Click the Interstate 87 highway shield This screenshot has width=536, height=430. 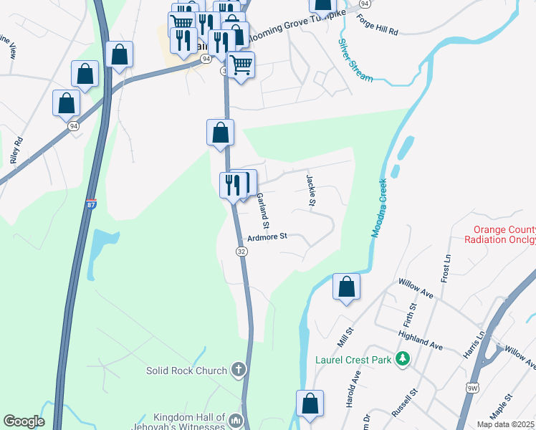point(91,205)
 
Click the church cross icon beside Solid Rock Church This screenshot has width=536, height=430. point(239,371)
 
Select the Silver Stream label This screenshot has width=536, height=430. point(355,59)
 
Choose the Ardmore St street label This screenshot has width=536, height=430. point(267,236)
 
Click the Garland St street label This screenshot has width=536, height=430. point(262,210)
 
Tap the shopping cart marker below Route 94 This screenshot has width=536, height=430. point(241,65)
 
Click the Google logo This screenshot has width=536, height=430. point(24,421)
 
